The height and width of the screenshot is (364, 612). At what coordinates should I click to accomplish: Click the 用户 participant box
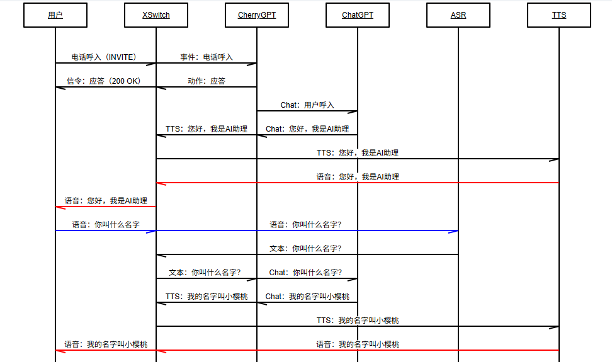(55, 15)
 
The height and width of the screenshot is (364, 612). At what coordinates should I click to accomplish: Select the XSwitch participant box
(156, 15)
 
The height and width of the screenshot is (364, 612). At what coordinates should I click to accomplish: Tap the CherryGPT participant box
(257, 15)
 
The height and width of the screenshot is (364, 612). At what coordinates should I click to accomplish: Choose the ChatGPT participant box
(358, 15)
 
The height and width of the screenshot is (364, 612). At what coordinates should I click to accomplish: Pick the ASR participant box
(458, 15)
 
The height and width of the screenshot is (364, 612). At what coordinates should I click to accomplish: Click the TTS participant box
(559, 15)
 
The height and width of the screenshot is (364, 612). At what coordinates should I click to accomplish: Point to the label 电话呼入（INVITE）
(104, 57)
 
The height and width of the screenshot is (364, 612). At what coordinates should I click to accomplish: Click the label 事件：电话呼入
(207, 57)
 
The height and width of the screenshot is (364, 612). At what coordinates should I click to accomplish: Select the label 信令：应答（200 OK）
(104, 81)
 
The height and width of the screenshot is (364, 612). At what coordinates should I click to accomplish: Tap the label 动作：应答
(207, 81)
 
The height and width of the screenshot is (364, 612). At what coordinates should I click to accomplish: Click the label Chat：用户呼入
(307, 105)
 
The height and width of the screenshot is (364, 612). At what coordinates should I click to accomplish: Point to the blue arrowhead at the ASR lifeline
(453, 231)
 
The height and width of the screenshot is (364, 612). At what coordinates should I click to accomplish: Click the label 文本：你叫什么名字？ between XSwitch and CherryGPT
(205, 273)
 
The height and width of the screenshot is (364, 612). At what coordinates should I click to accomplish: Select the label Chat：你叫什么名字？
(305, 273)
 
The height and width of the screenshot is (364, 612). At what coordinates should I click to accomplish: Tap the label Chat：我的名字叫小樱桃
(307, 297)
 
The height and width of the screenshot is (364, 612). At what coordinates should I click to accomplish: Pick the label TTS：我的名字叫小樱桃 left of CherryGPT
(207, 297)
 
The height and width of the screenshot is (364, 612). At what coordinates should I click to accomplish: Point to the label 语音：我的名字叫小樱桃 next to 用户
(106, 344)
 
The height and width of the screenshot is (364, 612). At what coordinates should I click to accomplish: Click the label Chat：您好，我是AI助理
(307, 129)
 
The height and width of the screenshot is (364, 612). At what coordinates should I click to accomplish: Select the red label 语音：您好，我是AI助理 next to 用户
(106, 201)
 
